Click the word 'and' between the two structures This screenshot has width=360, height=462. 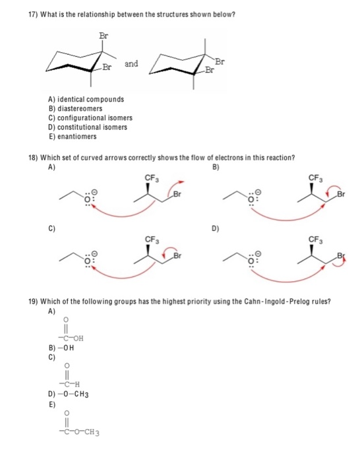pos(132,64)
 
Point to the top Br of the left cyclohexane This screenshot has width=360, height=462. pos(102,34)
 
